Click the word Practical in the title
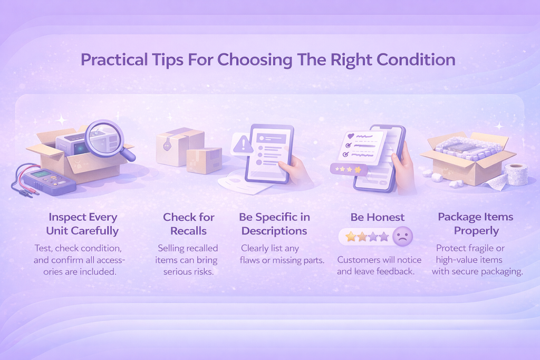(114, 60)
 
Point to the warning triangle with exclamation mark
(243, 144)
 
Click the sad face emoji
(402, 237)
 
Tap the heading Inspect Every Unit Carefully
(83, 223)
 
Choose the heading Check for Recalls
(188, 223)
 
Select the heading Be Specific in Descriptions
(274, 223)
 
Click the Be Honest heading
(378, 217)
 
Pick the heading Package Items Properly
(476, 223)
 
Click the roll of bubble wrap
(516, 174)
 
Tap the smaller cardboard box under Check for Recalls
(204, 160)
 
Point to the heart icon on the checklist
(351, 137)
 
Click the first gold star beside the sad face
(351, 237)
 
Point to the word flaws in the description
(249, 260)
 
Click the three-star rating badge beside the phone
(349, 169)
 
